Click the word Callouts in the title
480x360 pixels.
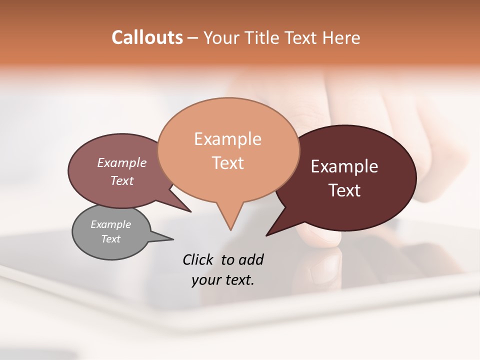coord(147,37)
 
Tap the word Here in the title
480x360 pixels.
coord(341,37)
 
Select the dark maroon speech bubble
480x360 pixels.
coord(350,177)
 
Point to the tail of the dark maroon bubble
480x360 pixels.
coord(277,227)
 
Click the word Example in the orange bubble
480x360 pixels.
coord(227,139)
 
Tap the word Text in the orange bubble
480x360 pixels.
coord(228,163)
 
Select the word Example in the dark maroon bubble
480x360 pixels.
coord(344,166)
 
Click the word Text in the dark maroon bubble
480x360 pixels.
coord(344,190)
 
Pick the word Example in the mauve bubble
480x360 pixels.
coord(122,162)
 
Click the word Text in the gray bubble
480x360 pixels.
coord(110,239)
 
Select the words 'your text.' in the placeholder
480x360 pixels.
coord(222,280)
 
